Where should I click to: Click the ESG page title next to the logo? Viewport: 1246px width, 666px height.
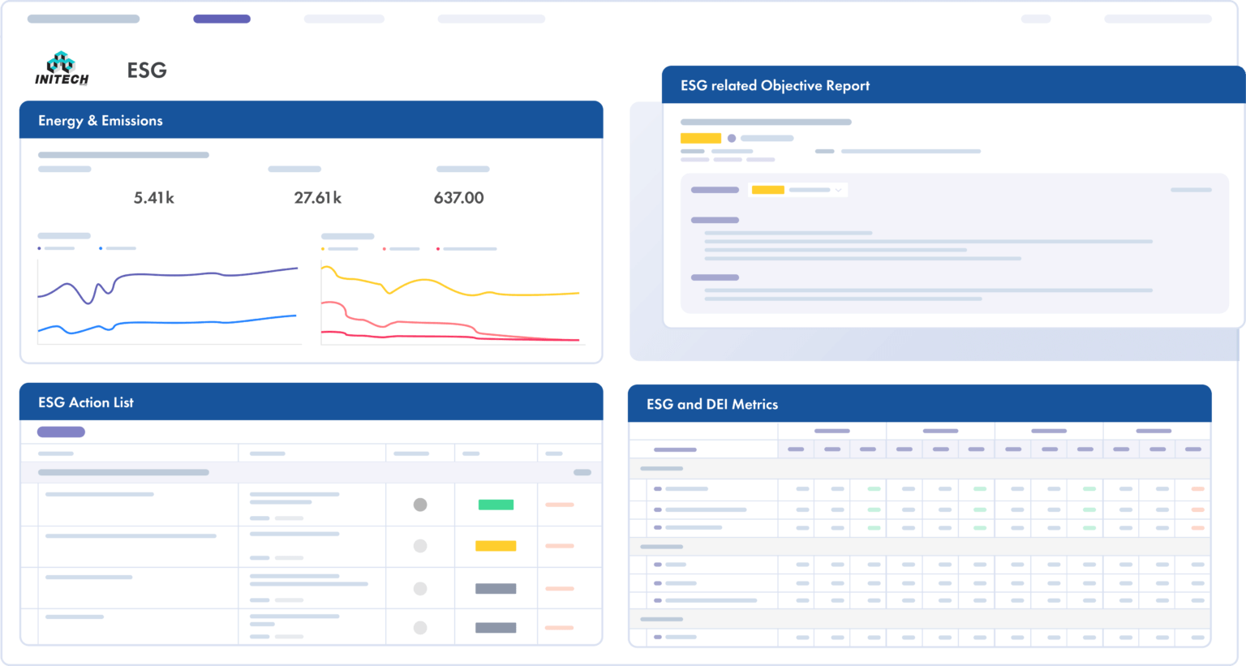(147, 71)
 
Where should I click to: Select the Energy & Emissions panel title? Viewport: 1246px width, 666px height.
(101, 121)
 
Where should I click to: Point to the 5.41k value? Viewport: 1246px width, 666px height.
(153, 198)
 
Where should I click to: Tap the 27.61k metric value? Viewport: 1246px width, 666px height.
(317, 198)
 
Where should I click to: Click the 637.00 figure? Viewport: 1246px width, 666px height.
(458, 198)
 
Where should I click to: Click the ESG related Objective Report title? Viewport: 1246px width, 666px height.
(775, 86)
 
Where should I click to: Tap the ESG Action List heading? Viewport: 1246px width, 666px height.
(86, 402)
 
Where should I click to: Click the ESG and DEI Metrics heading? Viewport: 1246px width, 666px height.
(711, 404)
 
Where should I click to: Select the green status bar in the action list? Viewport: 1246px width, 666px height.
(496, 505)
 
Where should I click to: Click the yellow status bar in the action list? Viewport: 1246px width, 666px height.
(496, 546)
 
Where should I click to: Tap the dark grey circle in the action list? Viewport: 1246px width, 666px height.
(420, 505)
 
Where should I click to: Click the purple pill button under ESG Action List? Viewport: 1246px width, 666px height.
(61, 432)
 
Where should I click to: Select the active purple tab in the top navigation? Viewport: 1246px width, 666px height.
(221, 19)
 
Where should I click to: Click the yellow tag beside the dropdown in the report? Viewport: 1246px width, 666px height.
(767, 190)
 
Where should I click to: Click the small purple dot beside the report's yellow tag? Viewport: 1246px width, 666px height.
(732, 138)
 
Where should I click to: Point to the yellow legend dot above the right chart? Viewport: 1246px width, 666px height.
(323, 249)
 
